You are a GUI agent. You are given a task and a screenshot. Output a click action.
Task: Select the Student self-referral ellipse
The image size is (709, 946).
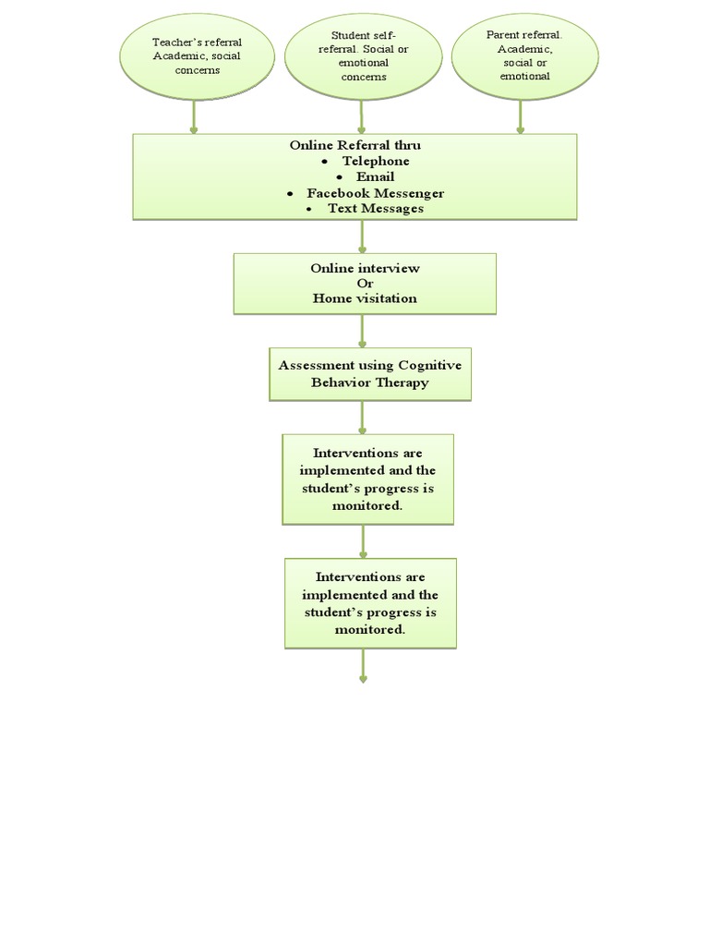click(x=362, y=56)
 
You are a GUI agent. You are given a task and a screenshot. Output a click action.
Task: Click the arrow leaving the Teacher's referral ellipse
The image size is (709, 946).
click(x=194, y=116)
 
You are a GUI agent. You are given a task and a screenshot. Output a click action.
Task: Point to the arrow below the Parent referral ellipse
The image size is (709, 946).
click(x=521, y=116)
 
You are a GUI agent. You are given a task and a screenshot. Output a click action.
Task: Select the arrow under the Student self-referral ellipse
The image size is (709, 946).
click(x=361, y=116)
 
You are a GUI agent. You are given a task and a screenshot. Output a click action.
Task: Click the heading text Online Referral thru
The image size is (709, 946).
click(x=354, y=145)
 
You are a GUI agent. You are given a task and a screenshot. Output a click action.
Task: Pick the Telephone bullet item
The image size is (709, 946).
click(x=375, y=161)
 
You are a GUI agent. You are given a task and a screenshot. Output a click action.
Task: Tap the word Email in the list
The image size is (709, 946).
click(x=375, y=176)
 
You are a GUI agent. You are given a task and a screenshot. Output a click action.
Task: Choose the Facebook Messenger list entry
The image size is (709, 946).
click(x=375, y=193)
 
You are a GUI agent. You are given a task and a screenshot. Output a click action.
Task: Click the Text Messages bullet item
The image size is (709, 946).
click(x=375, y=209)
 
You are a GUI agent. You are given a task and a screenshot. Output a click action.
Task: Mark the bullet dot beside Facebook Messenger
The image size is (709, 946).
click(x=290, y=194)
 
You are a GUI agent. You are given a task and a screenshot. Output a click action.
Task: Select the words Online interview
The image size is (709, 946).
click(x=365, y=268)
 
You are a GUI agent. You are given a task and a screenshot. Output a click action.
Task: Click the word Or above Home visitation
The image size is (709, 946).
click(x=364, y=283)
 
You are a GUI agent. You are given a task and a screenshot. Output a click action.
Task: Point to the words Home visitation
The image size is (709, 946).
click(x=365, y=298)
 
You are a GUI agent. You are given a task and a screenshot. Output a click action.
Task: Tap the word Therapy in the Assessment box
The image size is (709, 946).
click(x=400, y=382)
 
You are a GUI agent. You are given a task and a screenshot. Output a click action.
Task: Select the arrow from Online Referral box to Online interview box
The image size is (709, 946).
click(x=362, y=236)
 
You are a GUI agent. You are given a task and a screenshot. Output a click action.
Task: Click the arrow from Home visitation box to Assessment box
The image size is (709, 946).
click(x=362, y=332)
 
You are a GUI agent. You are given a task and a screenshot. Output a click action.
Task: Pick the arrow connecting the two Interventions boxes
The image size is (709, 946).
click(x=363, y=541)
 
